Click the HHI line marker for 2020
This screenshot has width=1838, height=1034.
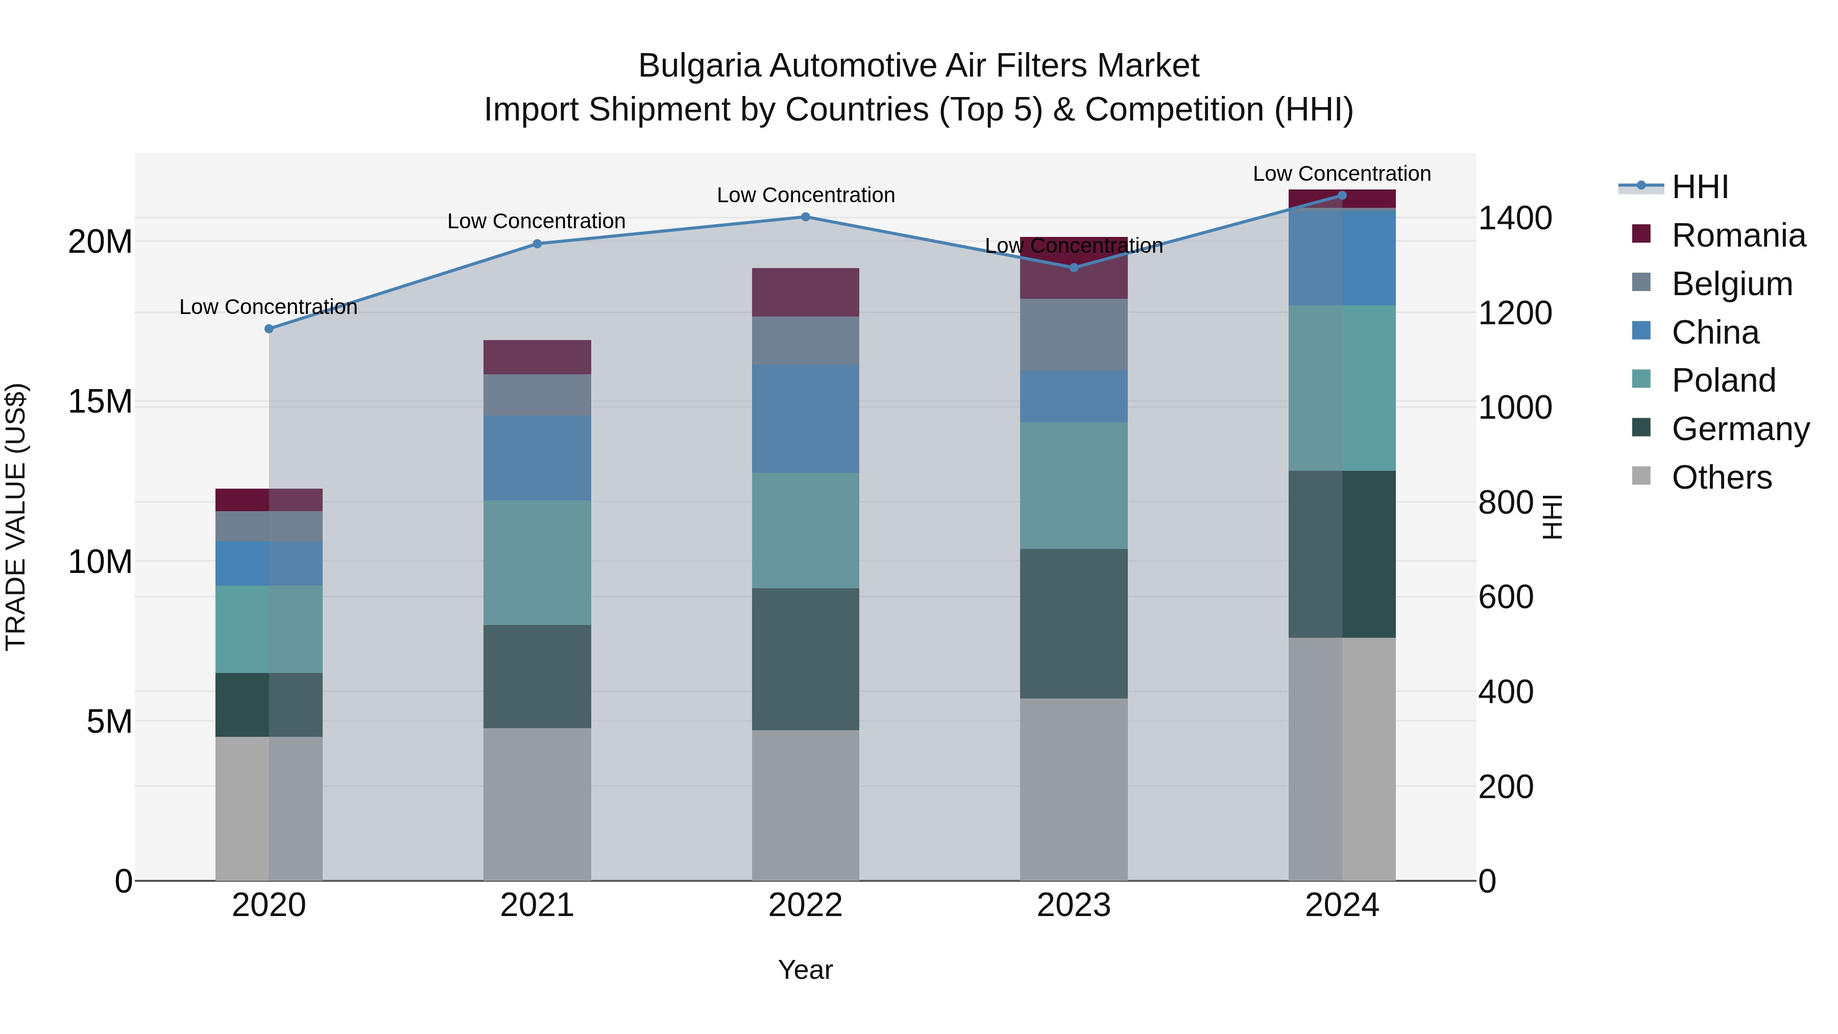pos(269,329)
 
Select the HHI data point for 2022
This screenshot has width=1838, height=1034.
pos(806,217)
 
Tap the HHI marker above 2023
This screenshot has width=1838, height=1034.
pos(1074,268)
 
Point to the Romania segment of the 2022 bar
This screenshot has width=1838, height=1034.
pos(806,293)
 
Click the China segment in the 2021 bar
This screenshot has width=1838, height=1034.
pos(537,458)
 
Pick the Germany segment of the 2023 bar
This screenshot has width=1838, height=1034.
pos(1074,623)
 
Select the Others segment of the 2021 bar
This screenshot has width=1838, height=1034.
pos(537,804)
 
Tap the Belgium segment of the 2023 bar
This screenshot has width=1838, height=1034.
pos(1074,334)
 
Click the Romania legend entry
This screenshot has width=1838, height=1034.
pos(1738,235)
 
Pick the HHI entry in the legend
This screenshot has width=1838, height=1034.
pos(1700,187)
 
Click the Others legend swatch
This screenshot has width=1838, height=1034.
pos(1641,476)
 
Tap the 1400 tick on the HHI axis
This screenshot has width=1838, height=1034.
pos(1514,219)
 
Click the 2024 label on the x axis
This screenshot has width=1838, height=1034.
pos(1341,905)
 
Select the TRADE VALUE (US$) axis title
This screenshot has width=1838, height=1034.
pos(16,517)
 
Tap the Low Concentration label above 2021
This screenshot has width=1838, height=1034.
pos(537,221)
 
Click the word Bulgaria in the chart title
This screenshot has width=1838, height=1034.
pos(699,66)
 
